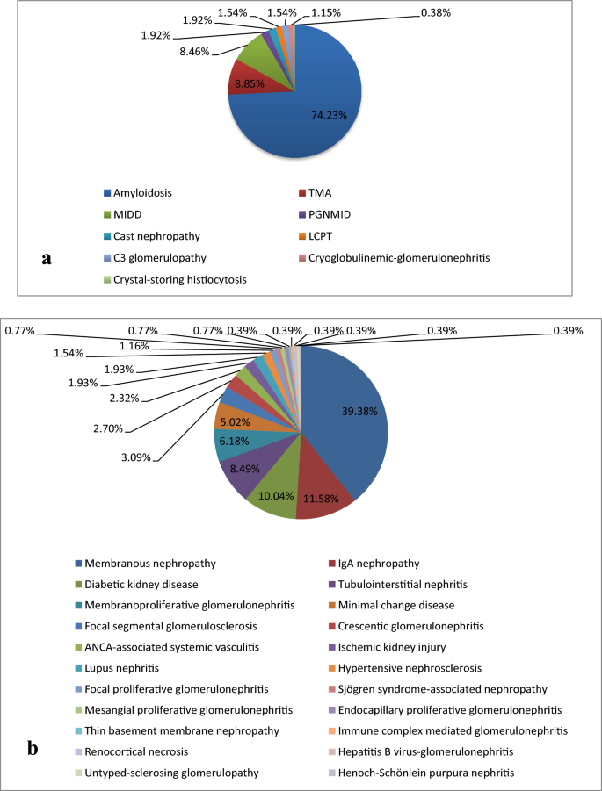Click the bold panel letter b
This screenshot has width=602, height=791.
[x=33, y=749]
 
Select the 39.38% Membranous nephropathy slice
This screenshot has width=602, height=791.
[x=352, y=421]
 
